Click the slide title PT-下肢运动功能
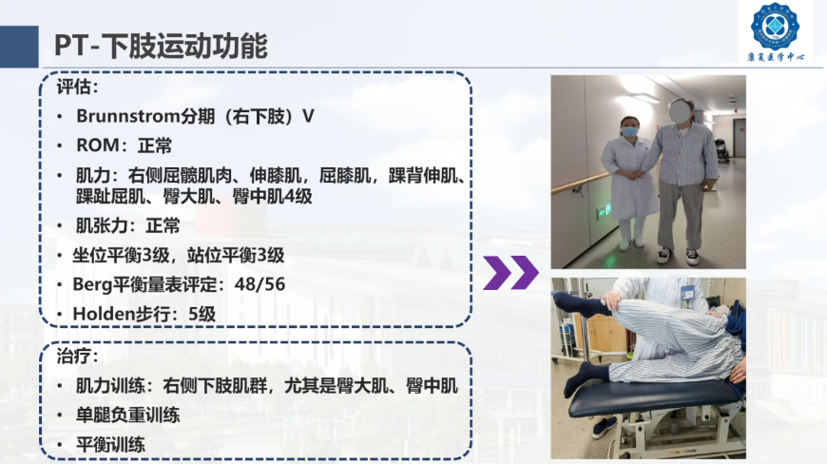point(161,46)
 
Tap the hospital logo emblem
point(775,26)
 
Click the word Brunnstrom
point(128,116)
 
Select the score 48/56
point(260,284)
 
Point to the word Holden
point(104,315)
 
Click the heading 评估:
point(78,87)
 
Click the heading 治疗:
point(78,357)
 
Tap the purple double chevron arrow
point(510,273)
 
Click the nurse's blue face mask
point(629,131)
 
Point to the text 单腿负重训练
point(128,416)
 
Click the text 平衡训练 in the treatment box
point(111,444)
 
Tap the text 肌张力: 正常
point(128,226)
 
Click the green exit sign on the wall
point(604,211)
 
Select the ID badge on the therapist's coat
point(687,292)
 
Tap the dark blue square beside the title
point(19,47)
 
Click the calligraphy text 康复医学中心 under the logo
point(776,57)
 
